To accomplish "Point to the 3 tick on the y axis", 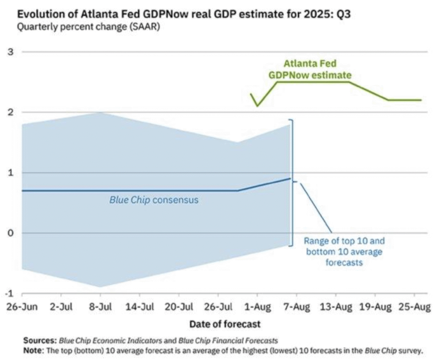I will pyautogui.click(x=10, y=52).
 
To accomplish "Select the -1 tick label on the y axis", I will pyautogui.click(x=8, y=293).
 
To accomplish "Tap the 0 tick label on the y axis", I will pyautogui.click(x=10, y=233).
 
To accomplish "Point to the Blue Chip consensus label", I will pyautogui.click(x=154, y=199).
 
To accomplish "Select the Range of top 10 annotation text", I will pyautogui.click(x=344, y=252).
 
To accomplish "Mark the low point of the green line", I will pyautogui.click(x=257, y=106).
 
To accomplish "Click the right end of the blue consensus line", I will pyautogui.click(x=290, y=179).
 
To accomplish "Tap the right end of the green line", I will pyautogui.click(x=421, y=100).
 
